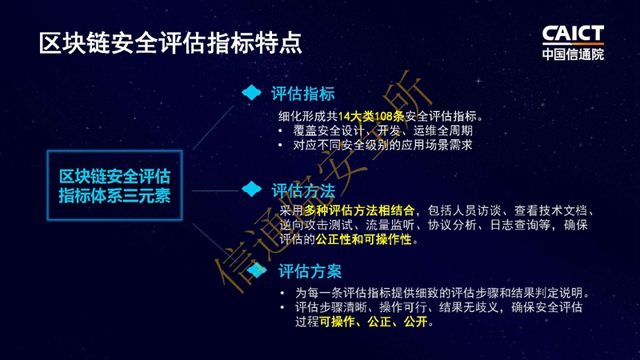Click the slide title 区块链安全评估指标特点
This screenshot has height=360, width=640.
click(x=170, y=43)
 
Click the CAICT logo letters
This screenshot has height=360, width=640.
click(x=573, y=34)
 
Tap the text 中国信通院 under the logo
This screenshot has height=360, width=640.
click(x=573, y=54)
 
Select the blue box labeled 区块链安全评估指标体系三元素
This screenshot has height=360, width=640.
click(x=114, y=186)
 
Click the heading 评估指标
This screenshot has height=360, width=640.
click(x=303, y=94)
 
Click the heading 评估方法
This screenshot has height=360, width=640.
click(x=304, y=190)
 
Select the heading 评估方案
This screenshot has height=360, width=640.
click(x=310, y=271)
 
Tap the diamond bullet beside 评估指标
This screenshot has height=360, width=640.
click(x=251, y=92)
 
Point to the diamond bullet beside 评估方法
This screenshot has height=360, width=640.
click(x=251, y=189)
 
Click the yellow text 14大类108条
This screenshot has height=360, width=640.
click(x=371, y=116)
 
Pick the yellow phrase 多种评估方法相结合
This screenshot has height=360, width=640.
click(x=359, y=210)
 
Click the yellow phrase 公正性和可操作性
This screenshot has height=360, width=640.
click(x=363, y=239)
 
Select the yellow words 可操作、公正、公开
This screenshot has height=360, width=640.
click(x=374, y=322)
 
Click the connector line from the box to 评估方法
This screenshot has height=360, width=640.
click(x=215, y=190)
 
